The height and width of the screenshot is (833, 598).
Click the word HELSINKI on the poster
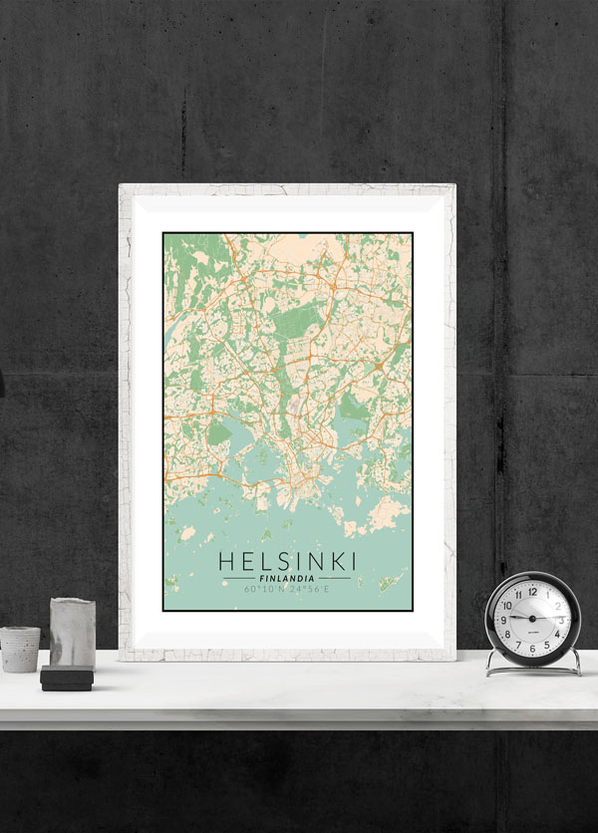pos(287,561)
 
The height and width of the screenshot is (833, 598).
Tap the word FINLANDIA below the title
pos(287,578)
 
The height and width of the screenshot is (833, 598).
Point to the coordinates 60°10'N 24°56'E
pos(287,589)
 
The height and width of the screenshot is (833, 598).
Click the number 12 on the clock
pos(532,591)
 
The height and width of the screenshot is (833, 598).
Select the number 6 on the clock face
pos(532,647)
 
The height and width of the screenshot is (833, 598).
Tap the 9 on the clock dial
pos(504,619)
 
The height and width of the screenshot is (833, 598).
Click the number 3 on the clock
pos(560,619)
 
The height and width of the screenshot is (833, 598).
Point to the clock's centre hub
pos(532,619)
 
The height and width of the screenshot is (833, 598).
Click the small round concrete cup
pos(20,649)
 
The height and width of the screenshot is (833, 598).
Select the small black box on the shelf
pos(67,680)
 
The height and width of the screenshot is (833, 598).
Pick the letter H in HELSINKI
pos(227,561)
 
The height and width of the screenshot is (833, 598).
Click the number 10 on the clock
pos(508,605)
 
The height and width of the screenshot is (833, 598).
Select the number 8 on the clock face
pos(508,633)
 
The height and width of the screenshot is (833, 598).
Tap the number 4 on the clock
pos(556,633)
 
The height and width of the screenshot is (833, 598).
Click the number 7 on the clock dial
pos(518,643)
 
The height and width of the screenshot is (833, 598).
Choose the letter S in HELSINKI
pos(276,561)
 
